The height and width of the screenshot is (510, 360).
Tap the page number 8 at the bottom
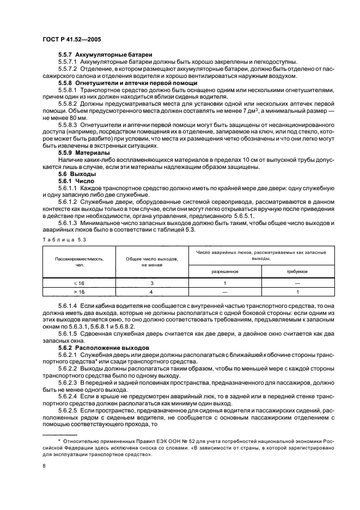[x=44, y=466]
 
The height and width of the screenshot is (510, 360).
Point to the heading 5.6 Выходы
[x=77, y=173]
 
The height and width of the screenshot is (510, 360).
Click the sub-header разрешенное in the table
[x=225, y=271]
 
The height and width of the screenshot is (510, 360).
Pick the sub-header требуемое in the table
[x=297, y=271]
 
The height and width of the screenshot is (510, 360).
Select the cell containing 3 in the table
[x=152, y=283]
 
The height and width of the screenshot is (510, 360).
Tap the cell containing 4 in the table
[x=152, y=292]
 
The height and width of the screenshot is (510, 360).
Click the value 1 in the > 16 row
[x=297, y=292]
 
